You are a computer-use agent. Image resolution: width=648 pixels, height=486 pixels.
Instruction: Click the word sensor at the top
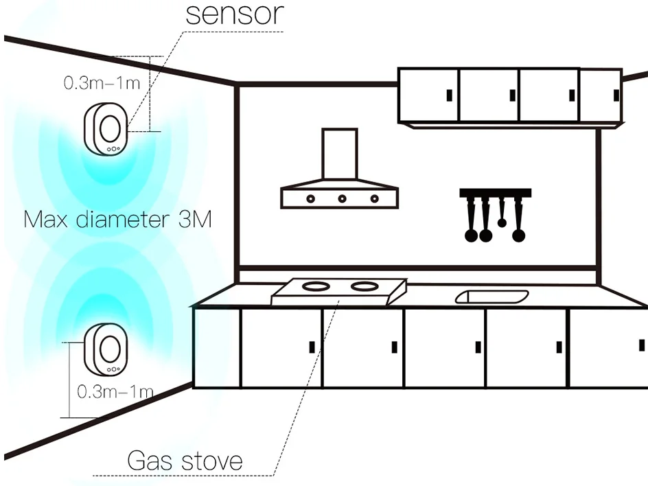click(x=233, y=14)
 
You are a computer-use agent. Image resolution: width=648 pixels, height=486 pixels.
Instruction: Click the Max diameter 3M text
click(x=117, y=220)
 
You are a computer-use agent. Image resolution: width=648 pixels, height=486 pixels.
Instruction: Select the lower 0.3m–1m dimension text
click(x=115, y=392)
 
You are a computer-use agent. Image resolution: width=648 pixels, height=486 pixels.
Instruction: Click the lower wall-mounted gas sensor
click(x=105, y=349)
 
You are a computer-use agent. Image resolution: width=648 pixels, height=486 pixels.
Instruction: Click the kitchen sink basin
click(x=491, y=297)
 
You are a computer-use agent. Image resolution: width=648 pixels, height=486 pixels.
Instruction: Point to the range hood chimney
click(x=340, y=154)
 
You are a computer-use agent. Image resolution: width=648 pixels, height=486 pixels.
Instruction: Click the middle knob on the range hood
click(x=342, y=198)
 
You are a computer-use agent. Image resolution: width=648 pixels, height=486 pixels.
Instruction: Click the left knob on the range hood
click(x=310, y=198)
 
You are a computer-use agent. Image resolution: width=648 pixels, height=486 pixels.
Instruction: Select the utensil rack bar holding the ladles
click(x=495, y=192)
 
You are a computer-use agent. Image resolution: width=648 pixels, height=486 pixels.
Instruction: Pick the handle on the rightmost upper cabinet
click(x=616, y=92)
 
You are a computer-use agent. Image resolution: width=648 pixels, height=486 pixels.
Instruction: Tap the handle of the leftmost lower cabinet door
click(x=312, y=347)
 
